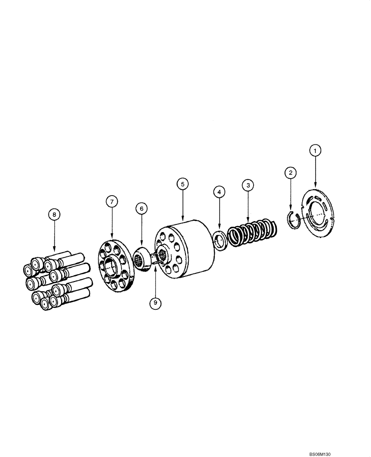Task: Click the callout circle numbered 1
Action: (x=315, y=149)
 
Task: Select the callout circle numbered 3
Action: (x=248, y=185)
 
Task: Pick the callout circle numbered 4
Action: (x=219, y=192)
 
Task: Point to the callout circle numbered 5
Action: (x=182, y=184)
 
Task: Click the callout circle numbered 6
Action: (x=141, y=208)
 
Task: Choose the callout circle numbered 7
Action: (x=112, y=201)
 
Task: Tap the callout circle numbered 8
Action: (x=54, y=213)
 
